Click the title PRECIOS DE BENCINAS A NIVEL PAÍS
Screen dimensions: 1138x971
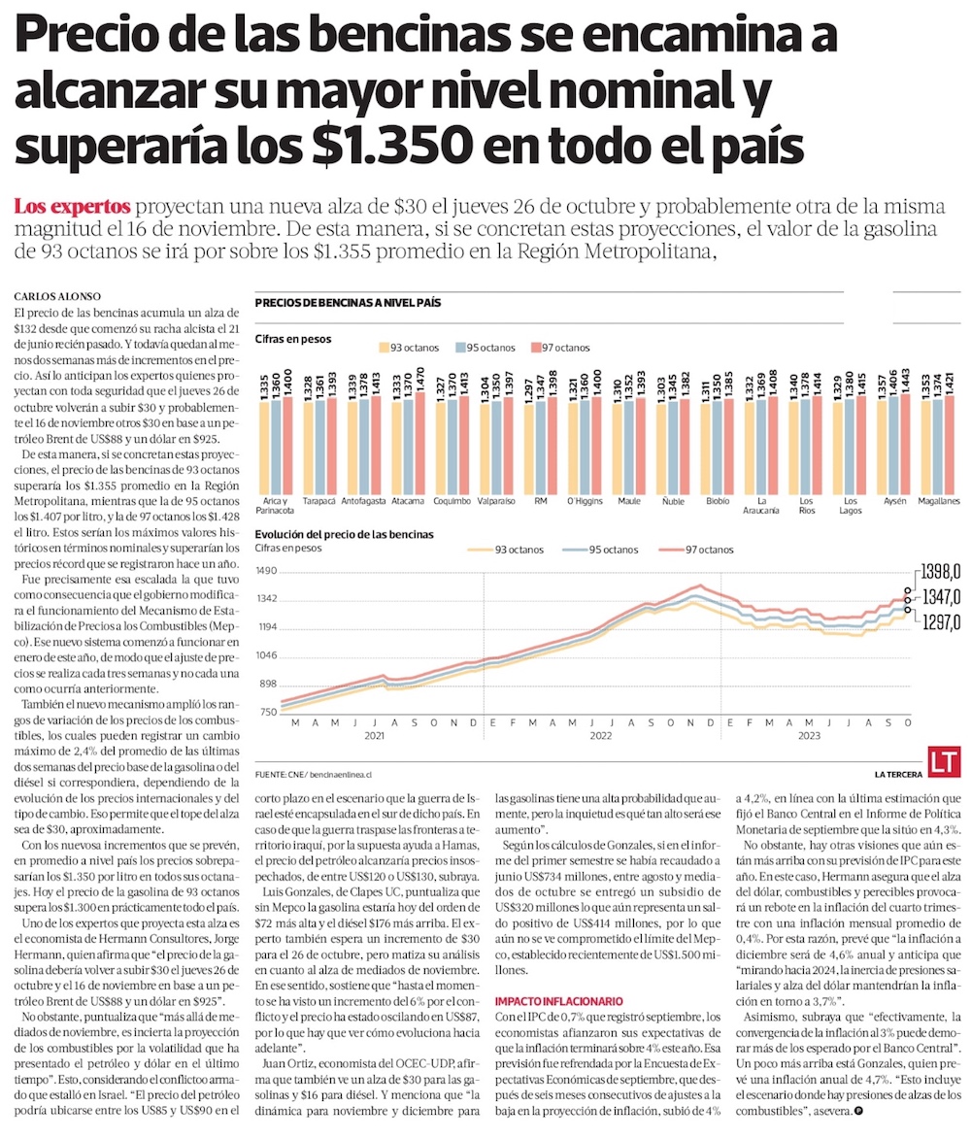[x=348, y=303]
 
